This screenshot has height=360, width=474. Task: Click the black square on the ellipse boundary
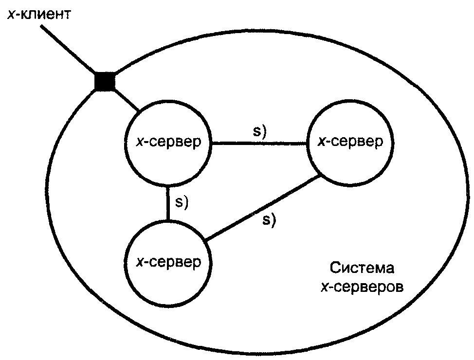[105, 82]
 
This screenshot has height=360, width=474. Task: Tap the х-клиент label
[39, 15]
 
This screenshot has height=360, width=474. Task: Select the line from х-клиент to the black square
[68, 50]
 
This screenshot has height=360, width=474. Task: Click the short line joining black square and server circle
[127, 100]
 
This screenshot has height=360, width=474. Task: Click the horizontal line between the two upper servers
[259, 144]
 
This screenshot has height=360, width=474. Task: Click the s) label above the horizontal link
[260, 131]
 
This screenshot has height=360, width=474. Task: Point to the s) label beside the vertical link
[182, 202]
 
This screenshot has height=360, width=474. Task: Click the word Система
[362, 268]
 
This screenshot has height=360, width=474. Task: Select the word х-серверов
[362, 287]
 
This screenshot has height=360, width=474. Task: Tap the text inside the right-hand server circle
[350, 142]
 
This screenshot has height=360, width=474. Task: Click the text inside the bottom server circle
[168, 262]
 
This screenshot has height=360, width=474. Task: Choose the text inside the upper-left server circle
[168, 142]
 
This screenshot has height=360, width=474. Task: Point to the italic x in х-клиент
[11, 15]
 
